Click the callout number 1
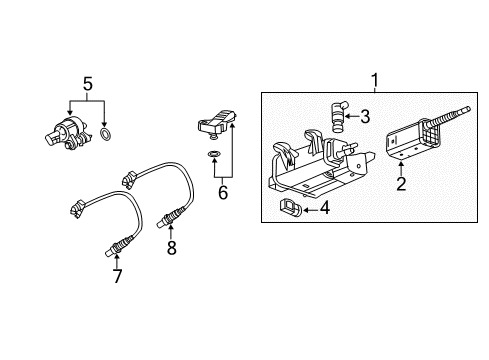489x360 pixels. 376,79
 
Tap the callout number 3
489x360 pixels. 365,117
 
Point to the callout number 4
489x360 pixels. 325,208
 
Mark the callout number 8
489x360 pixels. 171,248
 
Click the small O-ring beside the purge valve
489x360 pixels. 107,133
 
